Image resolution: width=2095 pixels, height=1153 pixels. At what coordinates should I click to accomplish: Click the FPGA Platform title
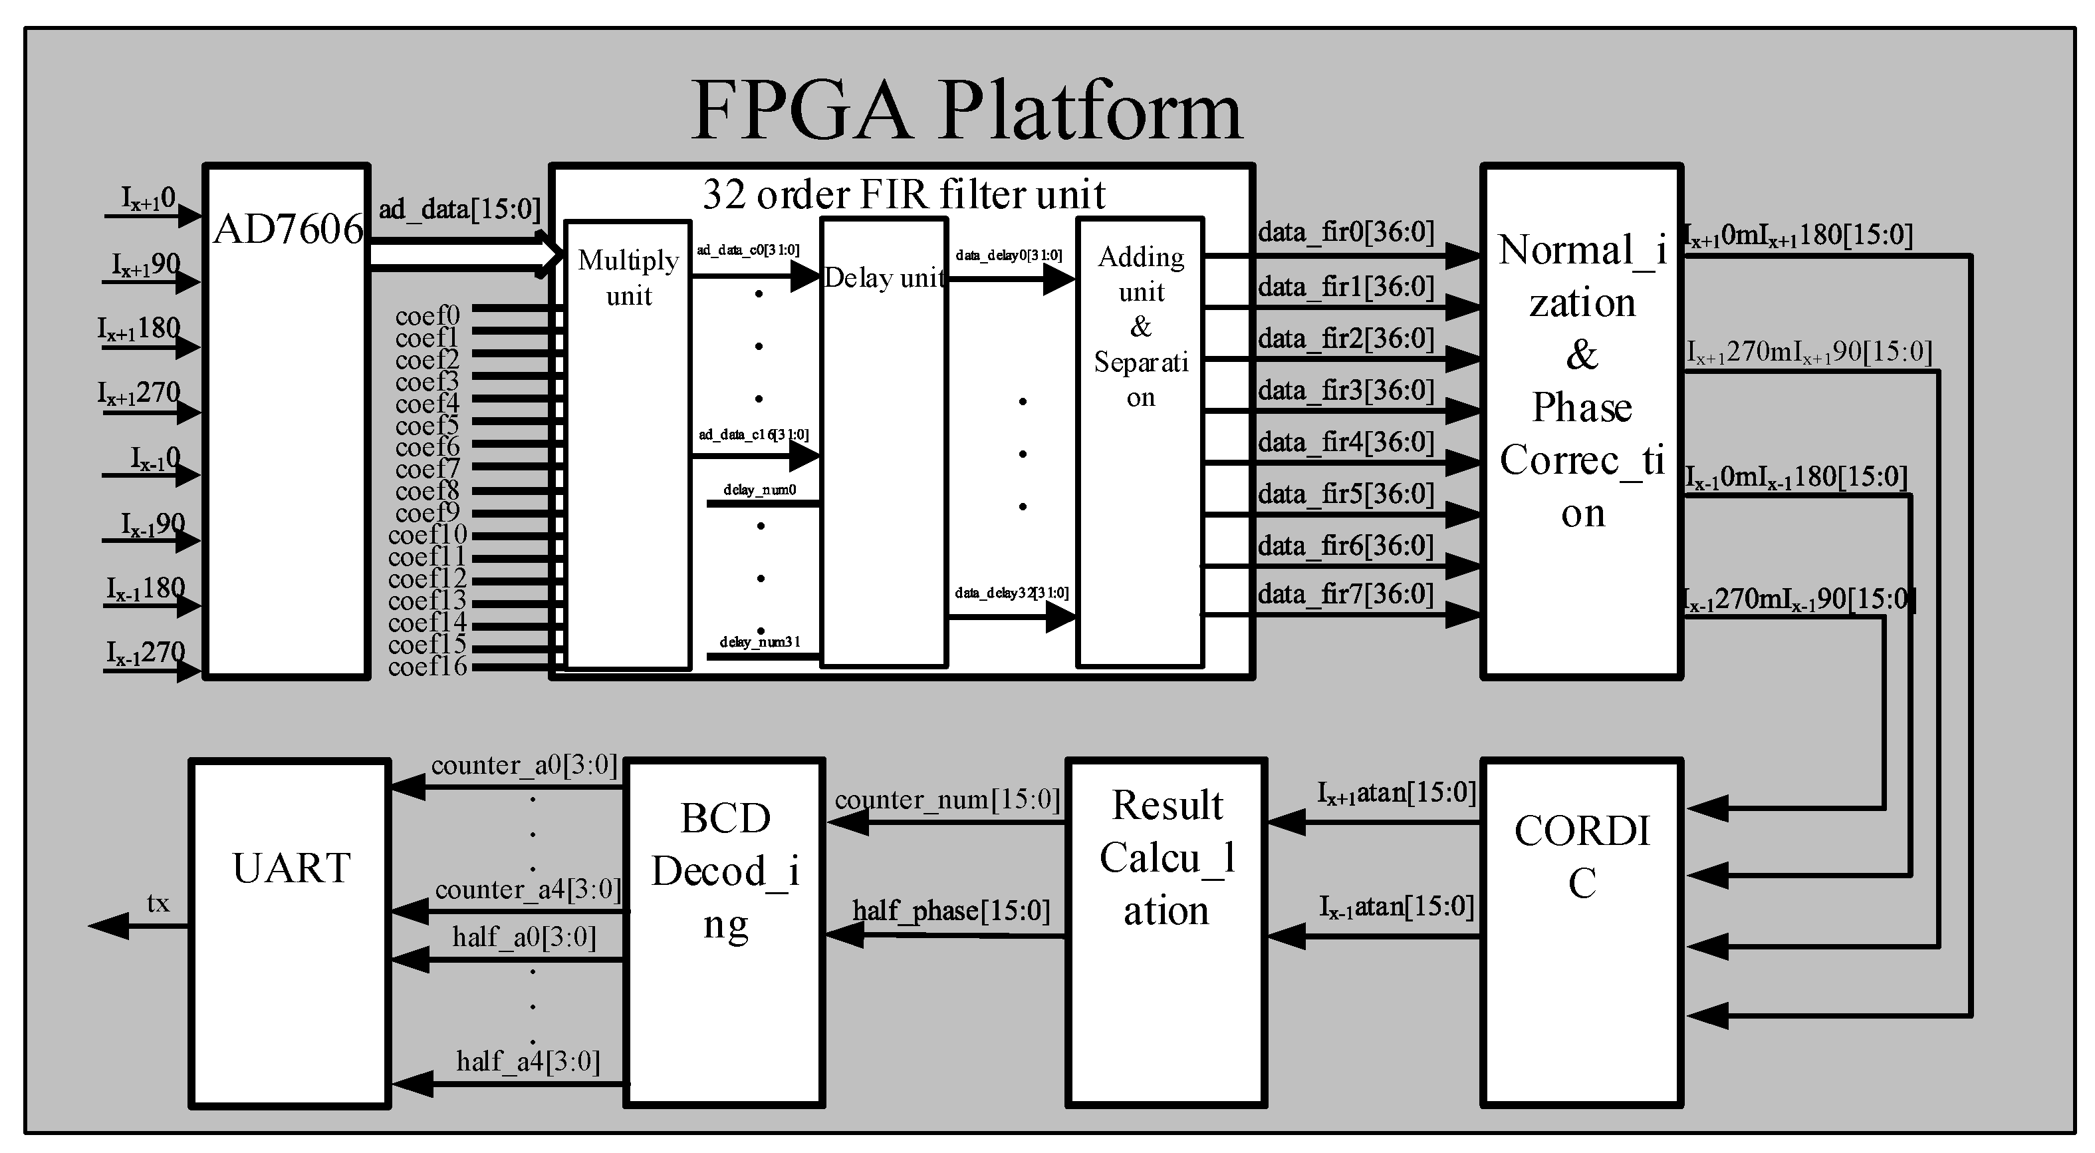tap(966, 112)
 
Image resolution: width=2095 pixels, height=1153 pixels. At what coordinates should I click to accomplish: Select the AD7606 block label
tap(287, 230)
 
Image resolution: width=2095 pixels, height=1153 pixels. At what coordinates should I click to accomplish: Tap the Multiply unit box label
tap(628, 277)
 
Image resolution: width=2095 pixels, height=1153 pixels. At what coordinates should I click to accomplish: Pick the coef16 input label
tap(428, 667)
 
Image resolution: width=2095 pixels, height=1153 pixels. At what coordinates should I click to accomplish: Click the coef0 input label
tap(428, 315)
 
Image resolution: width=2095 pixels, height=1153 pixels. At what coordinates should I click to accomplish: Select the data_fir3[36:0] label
tap(1346, 391)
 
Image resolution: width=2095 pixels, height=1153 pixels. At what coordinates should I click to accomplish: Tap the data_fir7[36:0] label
tap(1346, 595)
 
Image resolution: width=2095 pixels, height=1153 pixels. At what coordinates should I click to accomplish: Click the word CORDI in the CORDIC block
tap(1582, 831)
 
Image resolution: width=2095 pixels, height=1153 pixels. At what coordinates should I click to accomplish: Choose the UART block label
tap(291, 868)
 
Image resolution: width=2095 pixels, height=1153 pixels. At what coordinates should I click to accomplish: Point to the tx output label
tap(158, 904)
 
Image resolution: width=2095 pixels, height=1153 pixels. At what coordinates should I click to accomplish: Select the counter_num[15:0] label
tap(947, 800)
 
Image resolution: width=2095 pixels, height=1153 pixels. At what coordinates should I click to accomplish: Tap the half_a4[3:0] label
tap(528, 1061)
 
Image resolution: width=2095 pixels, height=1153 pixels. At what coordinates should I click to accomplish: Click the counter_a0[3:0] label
tap(524, 765)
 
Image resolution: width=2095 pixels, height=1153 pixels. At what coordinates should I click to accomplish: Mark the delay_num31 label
tap(759, 642)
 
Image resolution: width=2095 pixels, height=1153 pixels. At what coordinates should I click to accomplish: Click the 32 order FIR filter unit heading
tap(903, 194)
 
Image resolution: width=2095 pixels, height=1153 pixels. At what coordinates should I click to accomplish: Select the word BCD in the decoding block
tap(725, 818)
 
